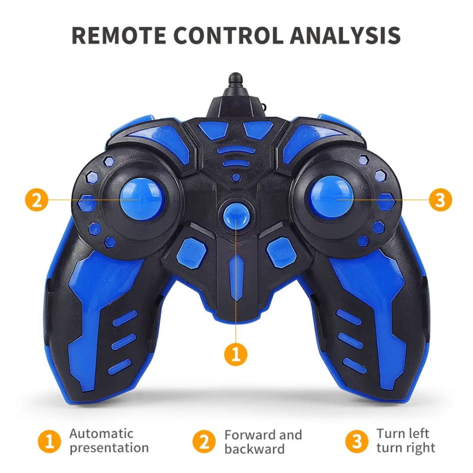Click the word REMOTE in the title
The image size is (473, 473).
tap(119, 35)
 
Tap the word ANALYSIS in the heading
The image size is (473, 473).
tap(345, 35)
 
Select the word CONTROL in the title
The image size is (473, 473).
tap(228, 35)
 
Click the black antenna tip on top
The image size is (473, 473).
tap(236, 79)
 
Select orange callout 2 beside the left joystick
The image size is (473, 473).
tap(36, 200)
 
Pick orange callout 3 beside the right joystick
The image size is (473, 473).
tap(441, 200)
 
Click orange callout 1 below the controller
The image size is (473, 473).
tap(236, 354)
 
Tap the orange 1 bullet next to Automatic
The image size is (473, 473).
tap(49, 441)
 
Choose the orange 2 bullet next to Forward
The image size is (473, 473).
tap(204, 441)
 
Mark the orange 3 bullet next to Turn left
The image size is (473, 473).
tap(357, 441)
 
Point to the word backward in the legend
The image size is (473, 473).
tap(254, 449)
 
